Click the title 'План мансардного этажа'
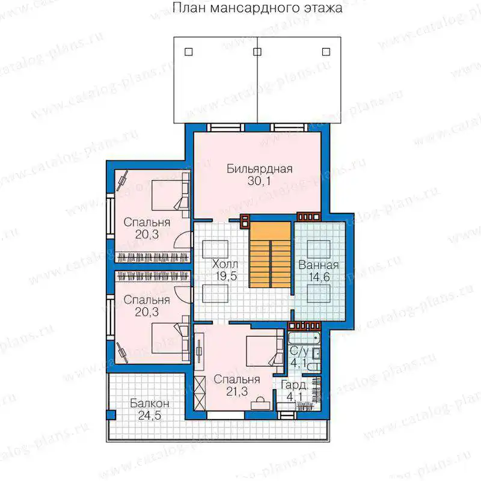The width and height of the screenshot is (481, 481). click(257, 8)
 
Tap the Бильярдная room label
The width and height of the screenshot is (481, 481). click(260, 169)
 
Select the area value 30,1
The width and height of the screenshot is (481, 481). click(259, 182)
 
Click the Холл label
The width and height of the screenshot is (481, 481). click(225, 264)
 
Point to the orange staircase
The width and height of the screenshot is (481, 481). click(269, 255)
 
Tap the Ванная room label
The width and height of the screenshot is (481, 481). click(319, 265)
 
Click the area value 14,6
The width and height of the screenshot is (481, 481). click(319, 277)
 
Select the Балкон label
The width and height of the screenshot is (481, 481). click(149, 403)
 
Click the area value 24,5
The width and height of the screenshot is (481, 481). click(149, 415)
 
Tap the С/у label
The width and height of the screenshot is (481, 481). click(299, 351)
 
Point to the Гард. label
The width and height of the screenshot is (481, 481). click(294, 385)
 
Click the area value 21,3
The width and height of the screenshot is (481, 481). click(237, 391)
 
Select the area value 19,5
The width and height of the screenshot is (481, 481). click(226, 277)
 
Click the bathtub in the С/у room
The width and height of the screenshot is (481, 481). click(304, 339)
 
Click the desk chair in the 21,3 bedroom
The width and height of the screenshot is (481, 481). click(260, 399)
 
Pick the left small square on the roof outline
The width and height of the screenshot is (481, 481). click(189, 52)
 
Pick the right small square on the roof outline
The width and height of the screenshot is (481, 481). click(326, 52)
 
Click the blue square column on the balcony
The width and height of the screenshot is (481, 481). click(111, 415)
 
